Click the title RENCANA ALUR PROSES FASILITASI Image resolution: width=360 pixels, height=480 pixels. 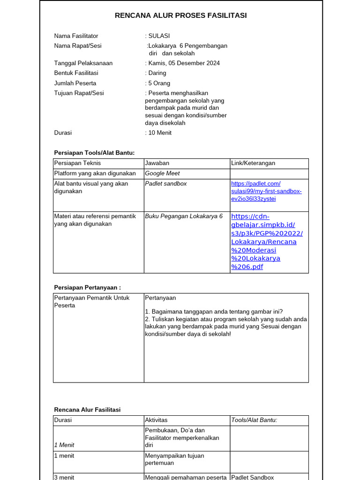180,15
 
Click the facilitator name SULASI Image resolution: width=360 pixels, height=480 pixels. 159,36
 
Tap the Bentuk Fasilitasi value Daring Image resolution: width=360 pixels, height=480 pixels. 157,73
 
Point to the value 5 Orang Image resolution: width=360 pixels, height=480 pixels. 159,83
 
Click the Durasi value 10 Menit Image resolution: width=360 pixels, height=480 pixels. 160,133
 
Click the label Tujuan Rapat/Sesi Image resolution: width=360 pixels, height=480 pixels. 79,93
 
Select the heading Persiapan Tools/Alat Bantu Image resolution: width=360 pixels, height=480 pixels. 94,152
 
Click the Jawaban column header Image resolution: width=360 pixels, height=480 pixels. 157,163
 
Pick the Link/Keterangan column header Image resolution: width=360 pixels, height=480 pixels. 253,163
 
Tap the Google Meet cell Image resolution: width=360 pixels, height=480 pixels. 162,173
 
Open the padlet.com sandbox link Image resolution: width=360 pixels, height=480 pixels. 266,191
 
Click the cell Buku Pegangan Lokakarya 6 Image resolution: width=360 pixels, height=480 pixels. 184,217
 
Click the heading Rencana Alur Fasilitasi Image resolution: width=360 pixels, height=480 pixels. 87,409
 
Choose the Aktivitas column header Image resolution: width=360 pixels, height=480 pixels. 156,420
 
